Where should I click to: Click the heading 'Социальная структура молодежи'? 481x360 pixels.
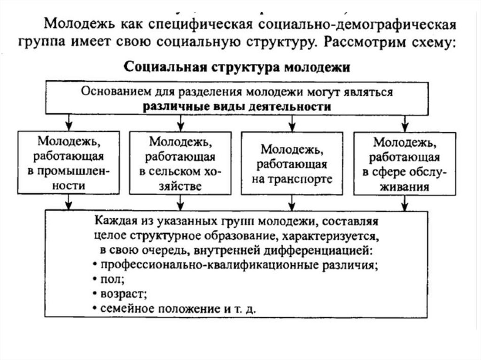click(237, 67)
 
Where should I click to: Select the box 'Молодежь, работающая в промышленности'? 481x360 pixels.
click(69, 163)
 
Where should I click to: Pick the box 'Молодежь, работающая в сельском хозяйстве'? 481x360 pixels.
click(180, 163)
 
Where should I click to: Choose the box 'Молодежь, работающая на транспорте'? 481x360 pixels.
click(292, 163)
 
